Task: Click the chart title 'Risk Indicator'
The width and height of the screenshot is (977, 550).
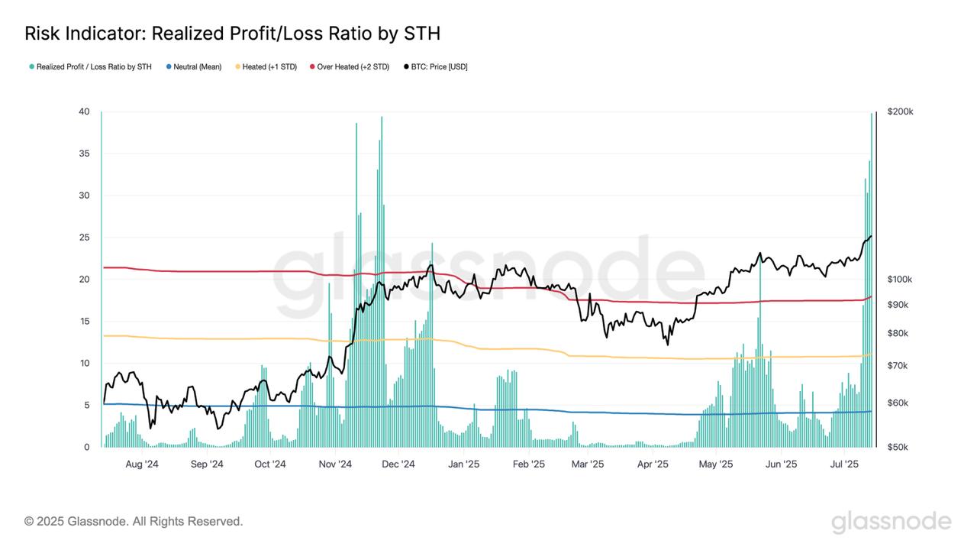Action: point(232,34)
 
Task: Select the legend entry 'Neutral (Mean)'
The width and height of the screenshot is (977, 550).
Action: point(197,67)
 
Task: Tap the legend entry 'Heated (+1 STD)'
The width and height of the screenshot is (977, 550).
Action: point(269,67)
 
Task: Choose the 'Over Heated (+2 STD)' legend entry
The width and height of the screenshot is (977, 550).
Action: point(353,67)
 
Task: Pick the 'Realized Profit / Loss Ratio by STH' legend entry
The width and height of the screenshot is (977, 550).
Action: point(94,67)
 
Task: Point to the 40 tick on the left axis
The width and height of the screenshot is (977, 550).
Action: point(85,112)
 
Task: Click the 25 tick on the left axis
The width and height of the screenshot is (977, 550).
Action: point(85,238)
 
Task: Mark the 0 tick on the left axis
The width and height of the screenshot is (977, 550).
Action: point(87,447)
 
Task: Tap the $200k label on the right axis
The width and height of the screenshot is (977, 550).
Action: point(900,112)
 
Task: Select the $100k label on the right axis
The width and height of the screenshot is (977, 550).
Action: point(900,280)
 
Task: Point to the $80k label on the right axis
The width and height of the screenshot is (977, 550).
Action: point(898,333)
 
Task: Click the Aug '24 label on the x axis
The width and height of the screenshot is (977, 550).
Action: point(141,464)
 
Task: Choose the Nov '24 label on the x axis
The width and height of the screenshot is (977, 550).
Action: point(334,464)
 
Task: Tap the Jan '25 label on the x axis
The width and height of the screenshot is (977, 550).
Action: point(463,464)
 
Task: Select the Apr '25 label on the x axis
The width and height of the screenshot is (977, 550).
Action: point(653,464)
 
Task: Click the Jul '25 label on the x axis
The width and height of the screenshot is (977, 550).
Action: point(844,464)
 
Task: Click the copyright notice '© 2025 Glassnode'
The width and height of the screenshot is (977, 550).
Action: point(134,522)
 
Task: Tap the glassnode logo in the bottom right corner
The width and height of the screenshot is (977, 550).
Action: point(891,522)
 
